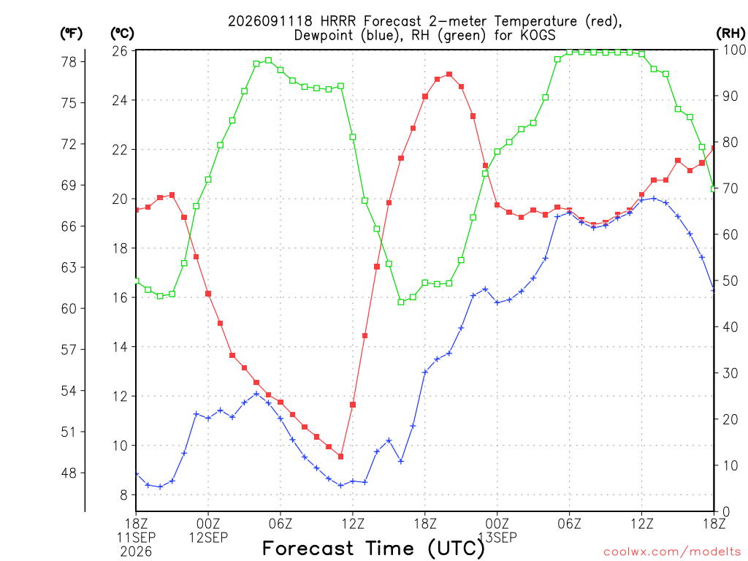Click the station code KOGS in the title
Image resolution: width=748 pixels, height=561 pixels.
538,35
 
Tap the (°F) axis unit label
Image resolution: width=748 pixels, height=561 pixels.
71,34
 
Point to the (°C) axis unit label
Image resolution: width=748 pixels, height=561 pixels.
123,34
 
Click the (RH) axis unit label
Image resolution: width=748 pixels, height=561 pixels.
730,34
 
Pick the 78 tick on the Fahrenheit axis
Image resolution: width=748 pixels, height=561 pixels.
69,61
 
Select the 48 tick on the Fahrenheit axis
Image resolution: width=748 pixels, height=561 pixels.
69,473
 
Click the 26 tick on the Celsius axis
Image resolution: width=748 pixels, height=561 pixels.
120,50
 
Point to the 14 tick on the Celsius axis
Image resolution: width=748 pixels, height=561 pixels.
120,347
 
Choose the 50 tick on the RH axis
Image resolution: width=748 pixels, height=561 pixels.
730,280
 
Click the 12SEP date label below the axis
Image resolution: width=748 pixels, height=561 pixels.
208,538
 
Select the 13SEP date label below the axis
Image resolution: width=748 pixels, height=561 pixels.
497,538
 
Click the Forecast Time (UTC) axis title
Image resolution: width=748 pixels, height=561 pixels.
373,549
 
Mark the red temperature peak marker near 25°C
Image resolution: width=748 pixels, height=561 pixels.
449,75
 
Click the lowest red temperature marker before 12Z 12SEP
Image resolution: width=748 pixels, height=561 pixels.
340,457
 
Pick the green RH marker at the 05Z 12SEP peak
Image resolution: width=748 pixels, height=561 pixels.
269,61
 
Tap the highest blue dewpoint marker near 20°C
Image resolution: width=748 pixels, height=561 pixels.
654,199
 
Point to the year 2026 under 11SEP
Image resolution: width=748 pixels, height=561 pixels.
136,552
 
